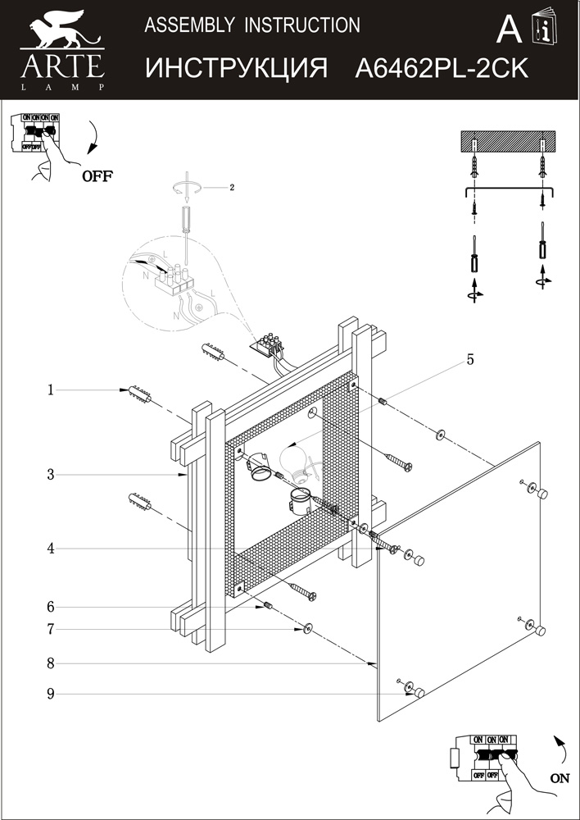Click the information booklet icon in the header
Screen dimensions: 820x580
[542, 30]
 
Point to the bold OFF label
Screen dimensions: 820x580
[97, 175]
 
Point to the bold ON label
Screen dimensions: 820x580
[560, 779]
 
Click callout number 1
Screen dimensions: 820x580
[50, 390]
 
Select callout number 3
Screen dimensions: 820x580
[50, 474]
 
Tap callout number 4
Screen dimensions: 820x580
[50, 549]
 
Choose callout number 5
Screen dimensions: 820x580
[470, 359]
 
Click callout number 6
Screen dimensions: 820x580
[50, 607]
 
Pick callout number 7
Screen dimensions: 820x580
[50, 629]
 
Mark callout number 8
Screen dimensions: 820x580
[50, 663]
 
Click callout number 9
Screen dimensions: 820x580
[50, 694]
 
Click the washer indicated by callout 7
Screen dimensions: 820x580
[307, 629]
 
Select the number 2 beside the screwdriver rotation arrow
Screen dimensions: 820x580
[232, 187]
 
